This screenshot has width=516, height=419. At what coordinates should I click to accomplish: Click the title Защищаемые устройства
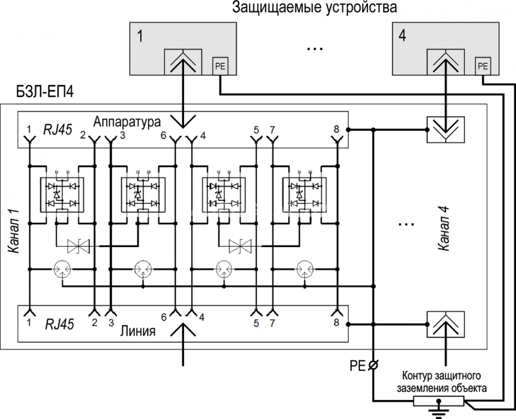(x=314, y=7)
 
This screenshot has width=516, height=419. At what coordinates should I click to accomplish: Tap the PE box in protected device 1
(x=220, y=67)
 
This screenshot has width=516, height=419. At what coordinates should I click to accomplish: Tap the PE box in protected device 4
(x=483, y=67)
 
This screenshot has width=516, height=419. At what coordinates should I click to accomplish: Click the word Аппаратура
(x=127, y=122)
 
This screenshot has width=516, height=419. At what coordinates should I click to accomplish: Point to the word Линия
(x=137, y=330)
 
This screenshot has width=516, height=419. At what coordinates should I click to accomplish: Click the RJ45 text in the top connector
(x=58, y=129)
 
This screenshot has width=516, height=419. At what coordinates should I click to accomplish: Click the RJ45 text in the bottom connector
(x=60, y=324)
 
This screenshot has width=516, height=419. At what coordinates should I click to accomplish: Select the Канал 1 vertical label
(x=14, y=231)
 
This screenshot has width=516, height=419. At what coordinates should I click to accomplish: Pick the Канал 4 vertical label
(x=444, y=228)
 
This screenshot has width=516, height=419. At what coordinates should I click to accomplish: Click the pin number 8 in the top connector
(x=336, y=129)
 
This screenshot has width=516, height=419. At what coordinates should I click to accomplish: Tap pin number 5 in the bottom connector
(x=256, y=323)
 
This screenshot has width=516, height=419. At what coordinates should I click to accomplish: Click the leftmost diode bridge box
(x=62, y=194)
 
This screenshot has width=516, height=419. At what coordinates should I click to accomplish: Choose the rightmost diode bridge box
(x=305, y=194)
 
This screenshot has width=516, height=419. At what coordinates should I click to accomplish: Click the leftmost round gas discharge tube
(x=62, y=269)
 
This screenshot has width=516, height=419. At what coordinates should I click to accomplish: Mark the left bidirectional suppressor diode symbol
(x=78, y=246)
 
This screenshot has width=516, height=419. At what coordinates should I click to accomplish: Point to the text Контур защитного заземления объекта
(x=442, y=382)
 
